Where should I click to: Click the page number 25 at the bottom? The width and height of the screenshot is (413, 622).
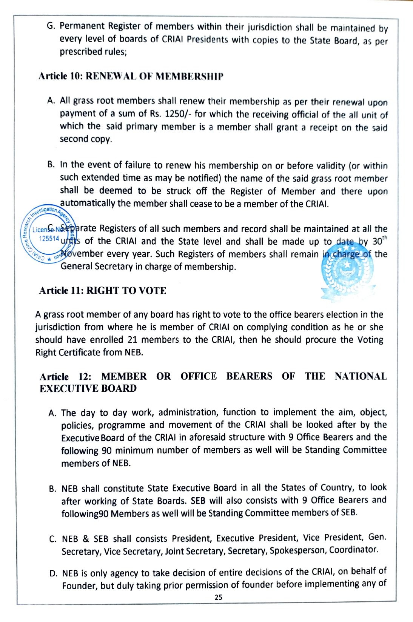click(218, 597)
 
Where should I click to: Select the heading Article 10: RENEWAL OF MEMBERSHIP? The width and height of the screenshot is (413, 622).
click(131, 76)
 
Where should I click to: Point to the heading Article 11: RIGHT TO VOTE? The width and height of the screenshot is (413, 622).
click(103, 290)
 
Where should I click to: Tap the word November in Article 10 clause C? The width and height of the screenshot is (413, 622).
click(82, 254)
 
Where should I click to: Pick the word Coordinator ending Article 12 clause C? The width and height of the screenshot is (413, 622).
click(353, 550)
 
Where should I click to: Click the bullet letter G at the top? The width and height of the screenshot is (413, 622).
click(50, 26)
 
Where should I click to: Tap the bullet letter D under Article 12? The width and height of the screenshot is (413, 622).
click(53, 574)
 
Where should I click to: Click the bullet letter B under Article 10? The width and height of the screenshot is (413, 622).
click(51, 165)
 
